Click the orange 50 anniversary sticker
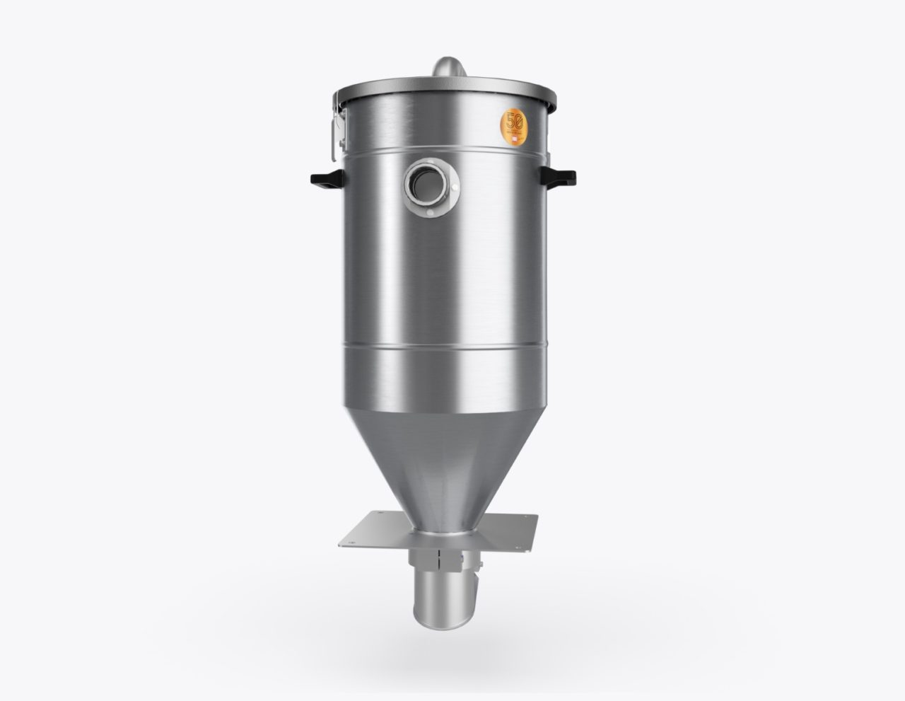514,125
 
